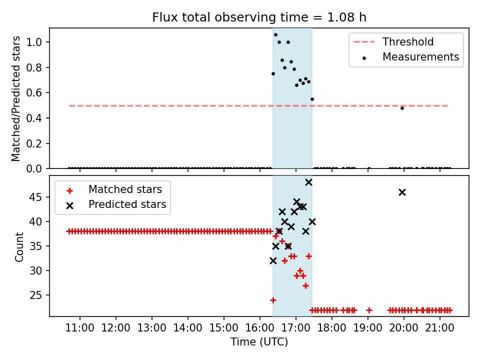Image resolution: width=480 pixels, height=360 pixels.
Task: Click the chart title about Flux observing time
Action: coord(259,17)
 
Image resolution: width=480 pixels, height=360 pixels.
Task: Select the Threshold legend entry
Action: coord(408,42)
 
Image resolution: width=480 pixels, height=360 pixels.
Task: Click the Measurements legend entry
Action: coord(420,57)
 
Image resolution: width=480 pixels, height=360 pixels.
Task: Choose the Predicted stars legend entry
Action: coord(127,204)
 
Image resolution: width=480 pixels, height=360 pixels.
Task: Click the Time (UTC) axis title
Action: coord(259,342)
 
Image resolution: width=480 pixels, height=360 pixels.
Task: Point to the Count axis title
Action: coord(19,246)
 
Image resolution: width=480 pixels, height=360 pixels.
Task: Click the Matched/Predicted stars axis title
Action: coord(16,98)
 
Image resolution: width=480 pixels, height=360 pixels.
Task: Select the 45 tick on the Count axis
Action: coord(39,197)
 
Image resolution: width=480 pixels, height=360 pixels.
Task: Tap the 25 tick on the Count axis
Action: coord(39,295)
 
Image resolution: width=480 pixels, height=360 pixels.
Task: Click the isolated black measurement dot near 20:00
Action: coord(402,108)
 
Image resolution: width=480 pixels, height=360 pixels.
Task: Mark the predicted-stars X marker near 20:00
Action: coord(402,192)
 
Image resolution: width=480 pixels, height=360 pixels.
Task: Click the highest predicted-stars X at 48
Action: coord(308,182)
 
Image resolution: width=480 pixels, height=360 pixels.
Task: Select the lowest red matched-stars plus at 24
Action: coord(273,300)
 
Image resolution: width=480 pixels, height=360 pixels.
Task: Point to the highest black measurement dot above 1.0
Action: coord(275,35)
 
